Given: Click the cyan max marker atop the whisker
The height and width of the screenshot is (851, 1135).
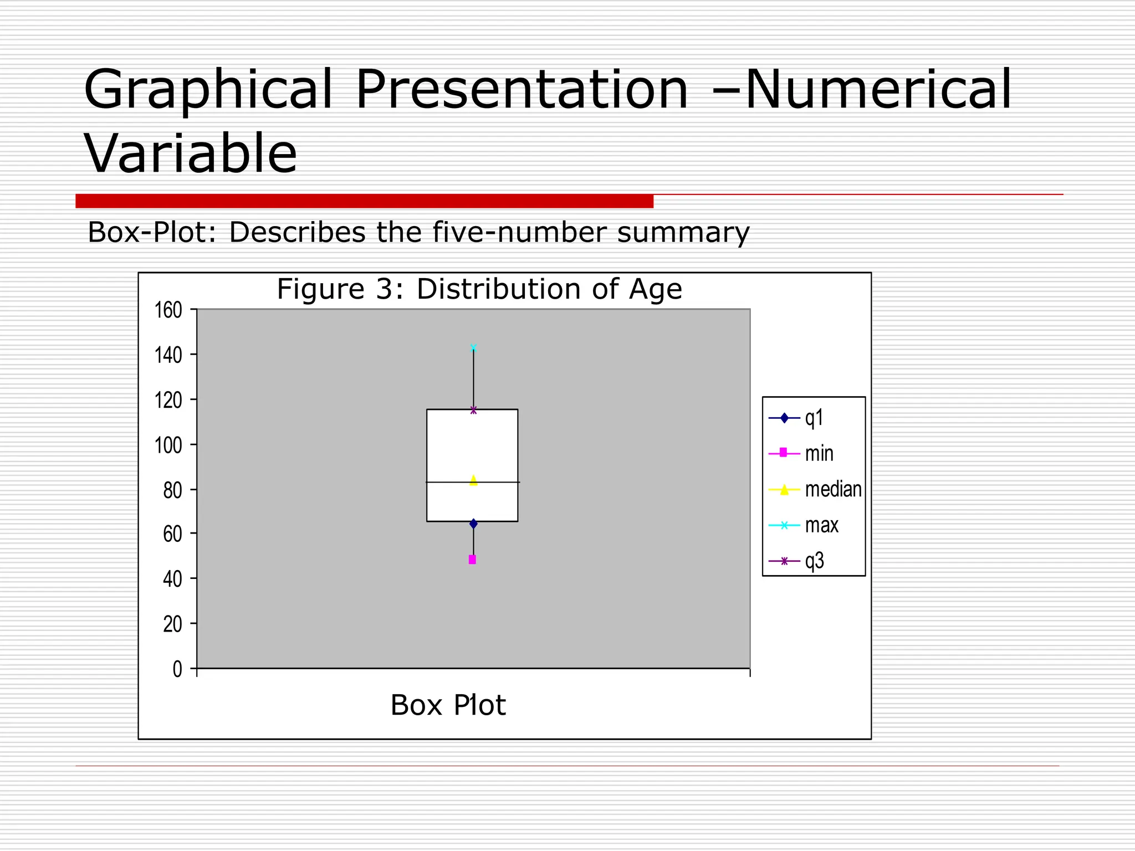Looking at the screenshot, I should pyautogui.click(x=473, y=348).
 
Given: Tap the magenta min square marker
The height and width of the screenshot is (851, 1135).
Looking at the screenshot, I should pyautogui.click(x=472, y=560).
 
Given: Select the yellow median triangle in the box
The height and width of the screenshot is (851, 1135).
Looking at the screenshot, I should pyautogui.click(x=473, y=480).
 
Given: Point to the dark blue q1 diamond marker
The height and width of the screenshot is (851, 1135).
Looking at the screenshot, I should pyautogui.click(x=473, y=524).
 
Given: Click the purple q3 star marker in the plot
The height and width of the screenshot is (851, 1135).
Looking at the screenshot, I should pyautogui.click(x=473, y=410).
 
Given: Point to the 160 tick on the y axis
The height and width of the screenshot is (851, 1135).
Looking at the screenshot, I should pyautogui.click(x=168, y=310).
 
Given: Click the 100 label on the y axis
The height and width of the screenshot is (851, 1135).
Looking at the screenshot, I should pyautogui.click(x=168, y=445).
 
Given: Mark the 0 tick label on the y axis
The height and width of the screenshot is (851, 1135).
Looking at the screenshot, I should pyautogui.click(x=177, y=669).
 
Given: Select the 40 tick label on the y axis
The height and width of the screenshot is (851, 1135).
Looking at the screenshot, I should pyautogui.click(x=172, y=580).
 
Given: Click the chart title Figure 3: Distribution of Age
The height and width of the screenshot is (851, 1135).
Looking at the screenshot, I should pyautogui.click(x=479, y=289).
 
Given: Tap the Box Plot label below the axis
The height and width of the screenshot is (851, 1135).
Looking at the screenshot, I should pyautogui.click(x=448, y=705).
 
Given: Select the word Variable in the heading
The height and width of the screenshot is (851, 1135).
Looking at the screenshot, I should pyautogui.click(x=191, y=153).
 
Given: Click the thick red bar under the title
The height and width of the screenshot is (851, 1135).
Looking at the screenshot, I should pyautogui.click(x=364, y=201).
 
